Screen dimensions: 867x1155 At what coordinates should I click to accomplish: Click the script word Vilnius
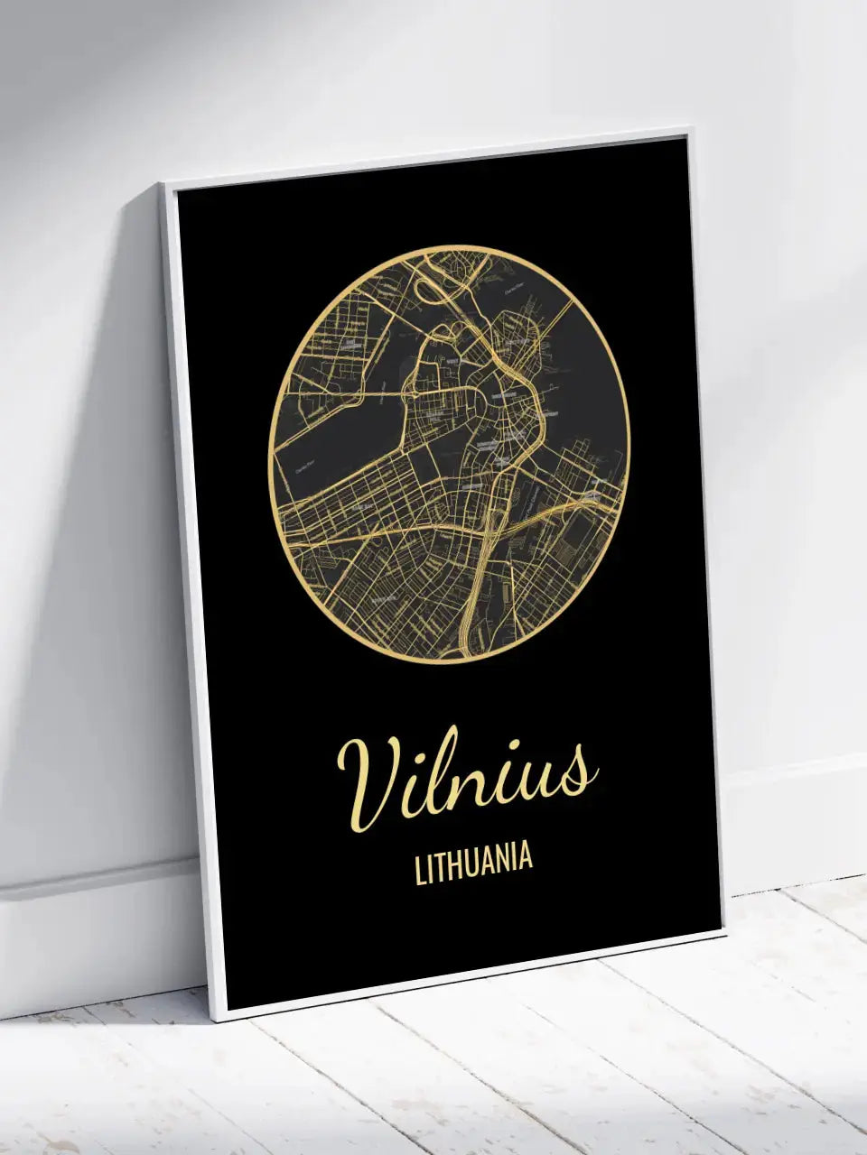coord(465,779)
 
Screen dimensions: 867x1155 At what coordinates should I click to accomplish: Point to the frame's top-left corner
coord(163,185)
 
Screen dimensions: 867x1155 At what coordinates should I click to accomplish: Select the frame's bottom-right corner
coord(725,935)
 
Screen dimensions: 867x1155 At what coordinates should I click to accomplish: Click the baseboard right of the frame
coord(795,812)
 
